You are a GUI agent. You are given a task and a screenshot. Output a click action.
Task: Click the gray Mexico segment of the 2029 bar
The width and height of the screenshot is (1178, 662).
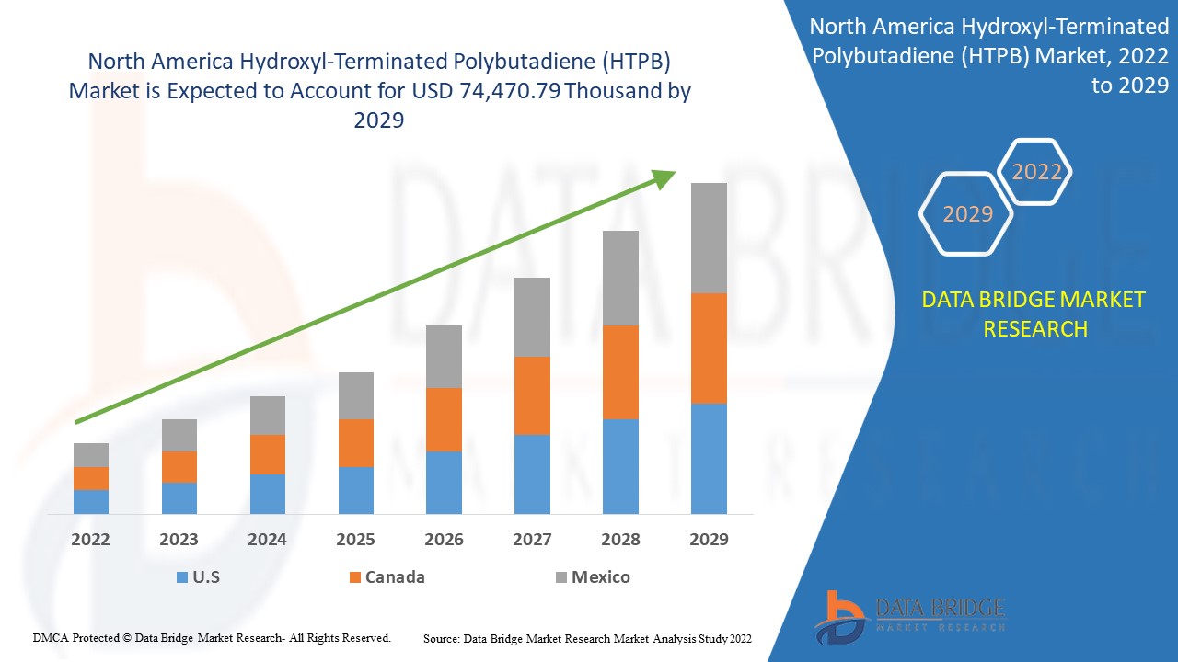tap(709, 237)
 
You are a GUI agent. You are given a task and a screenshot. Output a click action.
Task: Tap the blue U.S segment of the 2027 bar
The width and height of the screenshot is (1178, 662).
tap(532, 474)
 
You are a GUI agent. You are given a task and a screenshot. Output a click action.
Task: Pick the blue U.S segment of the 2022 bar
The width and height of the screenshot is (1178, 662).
tap(91, 501)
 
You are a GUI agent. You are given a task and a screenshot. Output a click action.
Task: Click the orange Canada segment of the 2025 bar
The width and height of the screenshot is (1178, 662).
tap(355, 442)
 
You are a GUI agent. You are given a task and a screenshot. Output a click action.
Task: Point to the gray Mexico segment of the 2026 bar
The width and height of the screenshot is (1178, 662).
tap(444, 356)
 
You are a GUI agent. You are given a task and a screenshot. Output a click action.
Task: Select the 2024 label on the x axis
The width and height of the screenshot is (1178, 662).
tap(267, 540)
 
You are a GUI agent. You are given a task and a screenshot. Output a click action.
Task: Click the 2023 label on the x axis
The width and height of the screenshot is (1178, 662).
tap(179, 540)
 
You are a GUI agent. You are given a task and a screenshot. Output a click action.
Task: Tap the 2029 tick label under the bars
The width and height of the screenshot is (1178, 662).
tap(709, 540)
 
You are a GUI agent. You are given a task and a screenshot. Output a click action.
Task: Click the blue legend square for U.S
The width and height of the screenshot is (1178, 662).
tap(181, 577)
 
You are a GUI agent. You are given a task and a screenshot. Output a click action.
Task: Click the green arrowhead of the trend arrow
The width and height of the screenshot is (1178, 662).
tap(664, 178)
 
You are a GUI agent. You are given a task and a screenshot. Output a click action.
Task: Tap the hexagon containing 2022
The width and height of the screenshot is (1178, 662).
tap(1036, 172)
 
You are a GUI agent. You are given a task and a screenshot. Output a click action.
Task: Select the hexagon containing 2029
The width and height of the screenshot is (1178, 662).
tap(967, 214)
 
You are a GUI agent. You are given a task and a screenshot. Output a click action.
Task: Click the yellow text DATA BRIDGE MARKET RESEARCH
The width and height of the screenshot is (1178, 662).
tap(1034, 314)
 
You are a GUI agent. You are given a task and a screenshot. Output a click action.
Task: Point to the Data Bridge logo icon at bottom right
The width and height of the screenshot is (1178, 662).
tap(840, 615)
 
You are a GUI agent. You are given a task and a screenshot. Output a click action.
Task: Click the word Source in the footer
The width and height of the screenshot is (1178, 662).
tap(442, 638)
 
